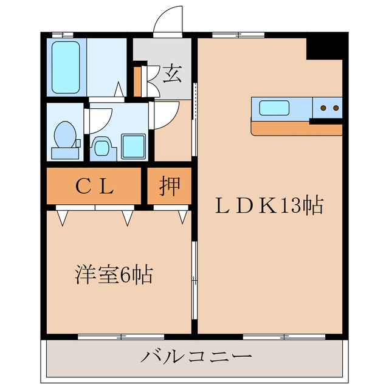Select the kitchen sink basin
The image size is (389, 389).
coord(275,108)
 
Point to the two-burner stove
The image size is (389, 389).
coord(328,108)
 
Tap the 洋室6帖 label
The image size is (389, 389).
coord(114,275)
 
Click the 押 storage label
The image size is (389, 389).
coord(170,187)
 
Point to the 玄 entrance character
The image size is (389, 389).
coord(172,74)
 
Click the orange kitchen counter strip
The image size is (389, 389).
coord(296,129)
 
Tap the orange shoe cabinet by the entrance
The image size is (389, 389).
coord(137,80)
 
